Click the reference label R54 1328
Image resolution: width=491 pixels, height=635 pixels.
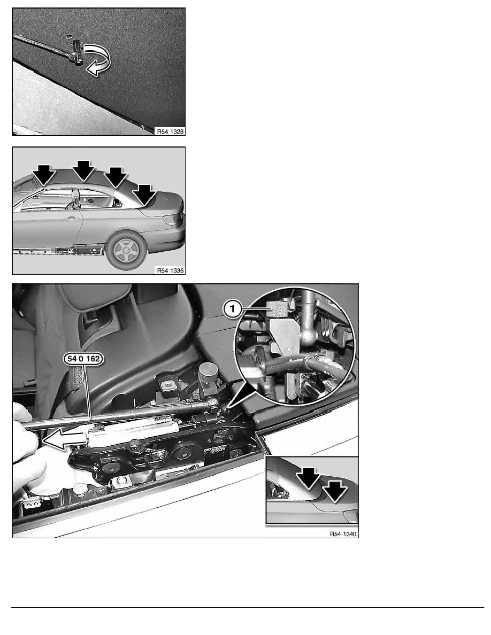(170, 131)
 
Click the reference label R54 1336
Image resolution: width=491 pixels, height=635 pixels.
(170, 270)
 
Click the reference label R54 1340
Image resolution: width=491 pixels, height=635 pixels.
(343, 534)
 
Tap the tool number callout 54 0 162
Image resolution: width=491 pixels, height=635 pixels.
(83, 359)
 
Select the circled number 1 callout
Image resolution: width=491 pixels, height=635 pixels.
(232, 310)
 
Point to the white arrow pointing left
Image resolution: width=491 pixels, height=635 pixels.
(65, 439)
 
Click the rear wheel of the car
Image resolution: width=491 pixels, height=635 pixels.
(127, 250)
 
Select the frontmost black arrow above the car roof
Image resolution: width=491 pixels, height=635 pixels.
(44, 175)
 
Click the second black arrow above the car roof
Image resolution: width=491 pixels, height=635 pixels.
(83, 171)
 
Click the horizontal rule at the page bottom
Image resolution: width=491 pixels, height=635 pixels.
(248, 607)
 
